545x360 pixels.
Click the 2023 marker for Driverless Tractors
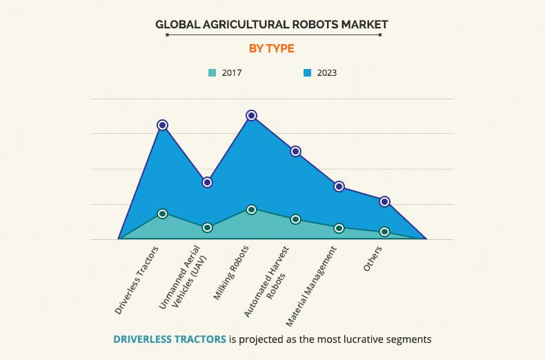(162, 125)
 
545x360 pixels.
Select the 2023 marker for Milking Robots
(251, 115)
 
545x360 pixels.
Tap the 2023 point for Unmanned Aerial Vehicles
(207, 182)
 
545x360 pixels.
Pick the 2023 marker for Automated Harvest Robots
(295, 151)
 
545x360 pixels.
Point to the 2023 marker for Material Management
(339, 186)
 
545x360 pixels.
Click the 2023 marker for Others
(384, 201)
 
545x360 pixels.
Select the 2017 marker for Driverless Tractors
(162, 214)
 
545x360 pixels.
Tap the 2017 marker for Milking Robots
(251, 210)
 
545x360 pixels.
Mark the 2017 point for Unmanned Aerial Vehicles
(207, 228)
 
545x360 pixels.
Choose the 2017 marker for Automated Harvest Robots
(295, 219)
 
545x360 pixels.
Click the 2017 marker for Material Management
(339, 228)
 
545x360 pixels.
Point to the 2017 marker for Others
(384, 232)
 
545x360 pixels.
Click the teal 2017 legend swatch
(212, 72)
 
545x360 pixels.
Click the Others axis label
(373, 258)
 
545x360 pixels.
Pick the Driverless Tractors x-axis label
(137, 279)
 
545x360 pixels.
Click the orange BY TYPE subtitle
(272, 48)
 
